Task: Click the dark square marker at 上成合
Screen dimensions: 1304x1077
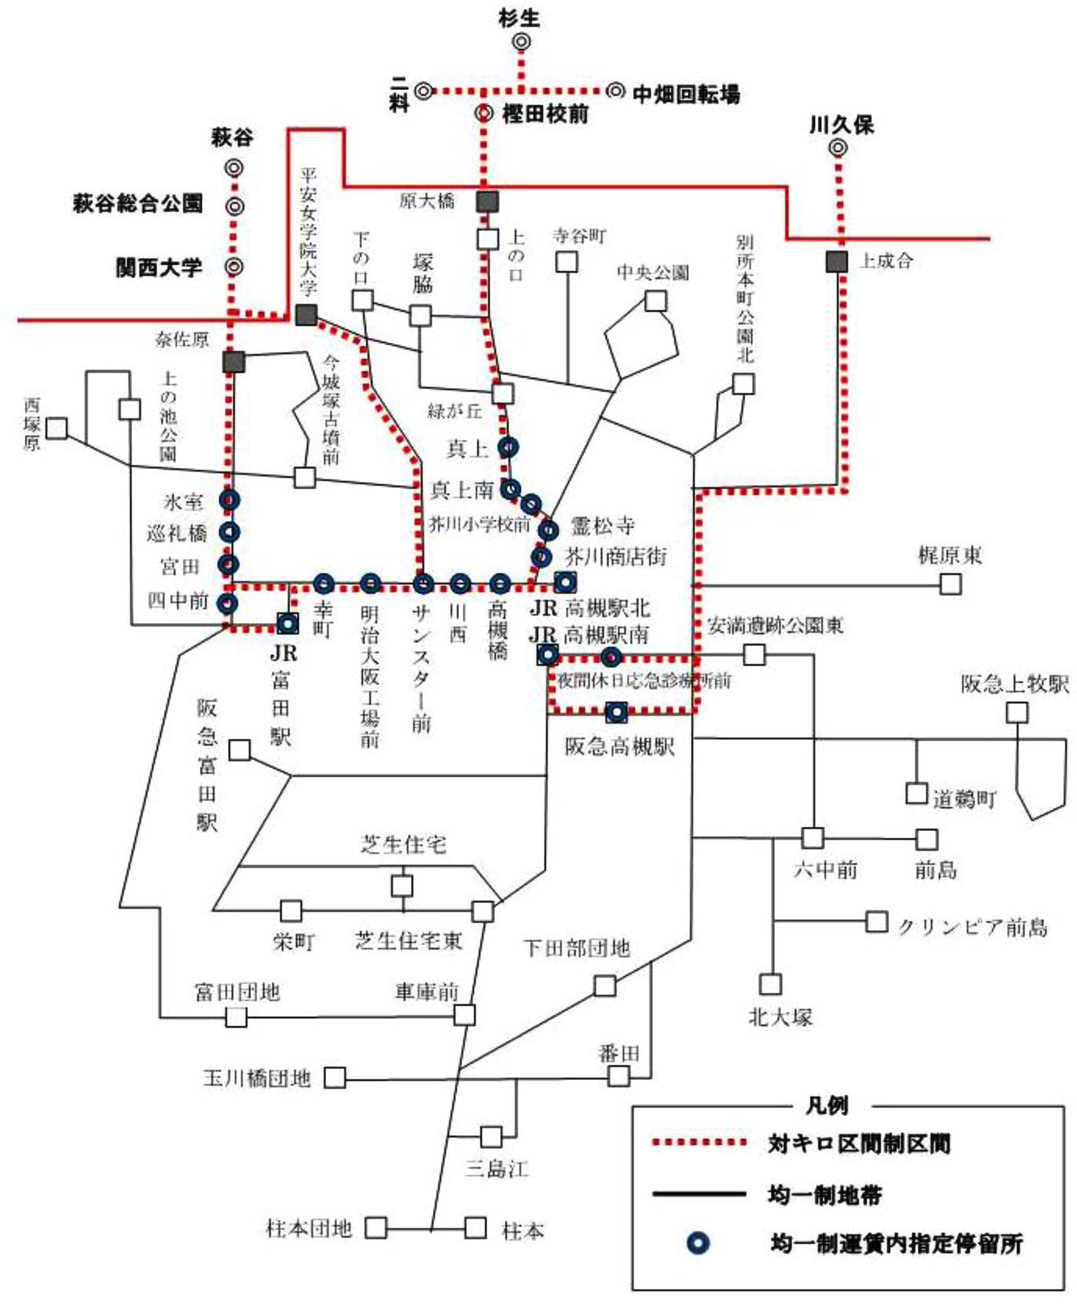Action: point(837,261)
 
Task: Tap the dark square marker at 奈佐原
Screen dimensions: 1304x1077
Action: point(233,362)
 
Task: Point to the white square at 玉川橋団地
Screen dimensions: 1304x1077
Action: point(335,1078)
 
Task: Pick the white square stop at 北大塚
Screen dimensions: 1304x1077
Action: point(771,984)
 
